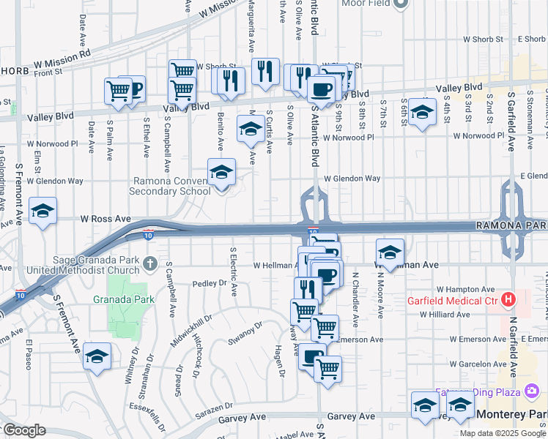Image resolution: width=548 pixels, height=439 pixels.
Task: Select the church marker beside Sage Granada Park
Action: [150, 263]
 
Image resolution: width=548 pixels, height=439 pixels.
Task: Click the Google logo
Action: [24, 430]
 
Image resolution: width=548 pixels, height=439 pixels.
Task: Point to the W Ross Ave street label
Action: [105, 219]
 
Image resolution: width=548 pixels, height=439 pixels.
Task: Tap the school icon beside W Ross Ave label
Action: [42, 211]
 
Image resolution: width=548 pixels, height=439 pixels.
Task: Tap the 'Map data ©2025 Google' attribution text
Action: [503, 432]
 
